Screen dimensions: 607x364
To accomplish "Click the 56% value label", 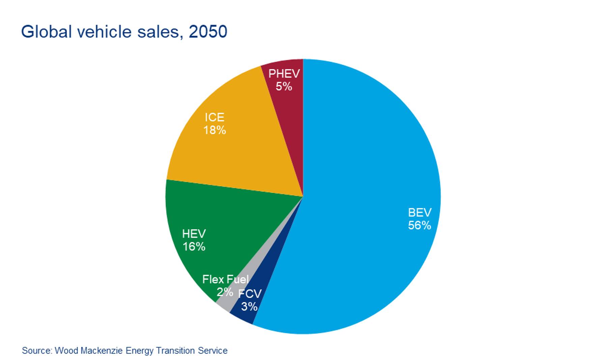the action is point(420,225).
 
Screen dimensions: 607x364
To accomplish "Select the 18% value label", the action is point(214,130).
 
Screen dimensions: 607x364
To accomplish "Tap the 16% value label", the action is point(194,247).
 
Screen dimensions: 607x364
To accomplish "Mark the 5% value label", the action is point(284,87).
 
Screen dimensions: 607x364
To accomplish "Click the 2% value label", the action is point(225,292).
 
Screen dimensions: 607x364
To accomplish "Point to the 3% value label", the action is point(249,306).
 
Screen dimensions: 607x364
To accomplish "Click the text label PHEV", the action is point(284,74).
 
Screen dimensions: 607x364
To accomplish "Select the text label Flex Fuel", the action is point(225,279).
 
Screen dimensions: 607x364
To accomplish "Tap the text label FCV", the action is point(250,294).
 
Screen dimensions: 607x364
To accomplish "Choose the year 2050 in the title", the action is point(208,32).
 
